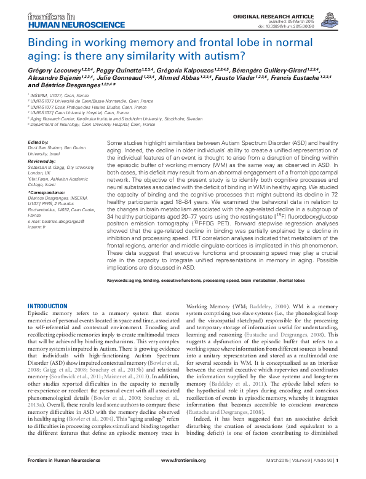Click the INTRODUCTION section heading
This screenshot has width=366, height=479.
pyautogui.click(x=48, y=306)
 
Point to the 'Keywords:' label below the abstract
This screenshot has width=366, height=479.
pyautogui.click(x=120, y=279)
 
